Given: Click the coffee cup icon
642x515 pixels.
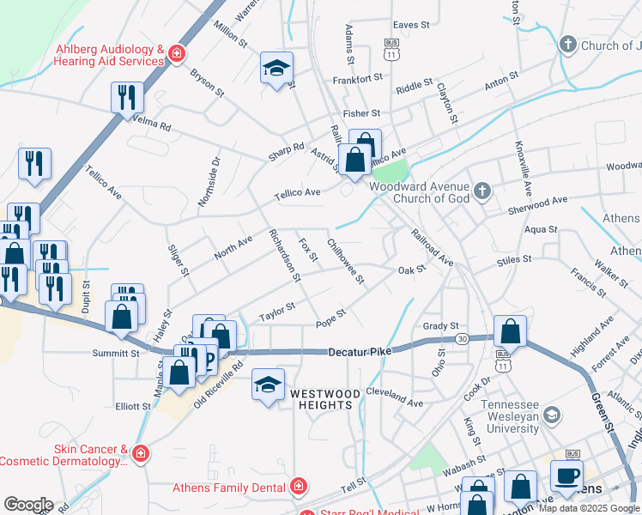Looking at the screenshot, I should [566, 476].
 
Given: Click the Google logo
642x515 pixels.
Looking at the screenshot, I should [27, 505].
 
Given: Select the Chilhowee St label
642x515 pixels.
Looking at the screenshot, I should [346, 262].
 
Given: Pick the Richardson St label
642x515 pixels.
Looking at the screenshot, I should [284, 255].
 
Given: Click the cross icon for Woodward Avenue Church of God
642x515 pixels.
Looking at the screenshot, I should [482, 190].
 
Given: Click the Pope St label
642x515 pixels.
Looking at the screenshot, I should [330, 318].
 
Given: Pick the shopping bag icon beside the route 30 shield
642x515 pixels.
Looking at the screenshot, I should [510, 330].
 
